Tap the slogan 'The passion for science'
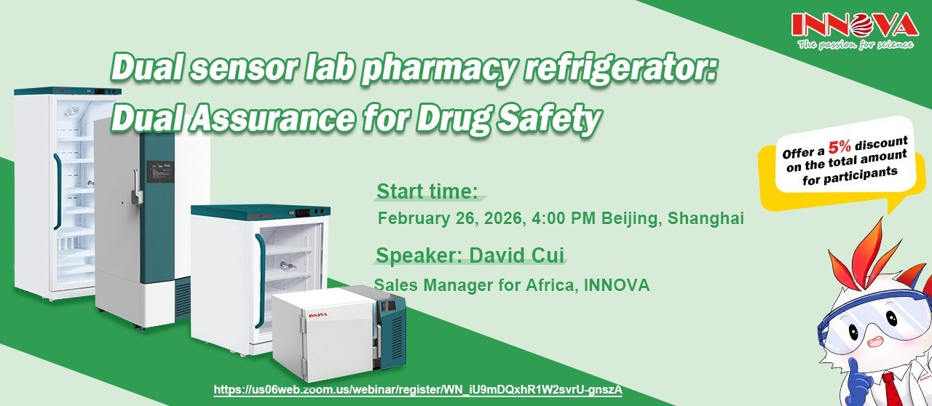(856, 44)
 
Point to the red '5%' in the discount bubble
(840, 147)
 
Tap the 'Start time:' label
(427, 192)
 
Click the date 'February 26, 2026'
(450, 218)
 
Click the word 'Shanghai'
(706, 218)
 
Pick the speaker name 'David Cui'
(517, 255)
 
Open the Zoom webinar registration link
(418, 390)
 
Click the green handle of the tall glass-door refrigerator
(57, 191)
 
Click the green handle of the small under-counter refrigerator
(260, 280)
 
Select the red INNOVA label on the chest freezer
(318, 315)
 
